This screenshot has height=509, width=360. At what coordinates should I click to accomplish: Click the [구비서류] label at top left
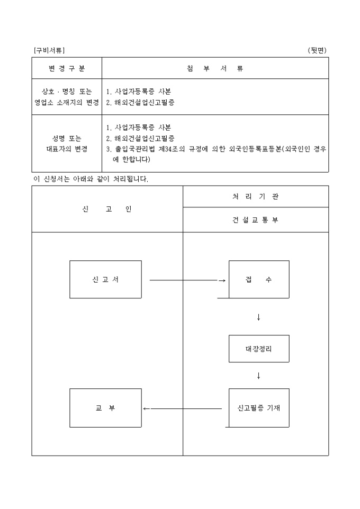click(x=49, y=50)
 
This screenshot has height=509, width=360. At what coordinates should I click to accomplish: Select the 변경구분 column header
click(x=67, y=68)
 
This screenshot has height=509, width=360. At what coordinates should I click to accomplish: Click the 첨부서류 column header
click(x=215, y=68)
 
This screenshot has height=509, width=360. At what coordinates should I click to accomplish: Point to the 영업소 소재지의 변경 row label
click(x=67, y=103)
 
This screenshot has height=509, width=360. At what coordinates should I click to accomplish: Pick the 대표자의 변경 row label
click(x=67, y=149)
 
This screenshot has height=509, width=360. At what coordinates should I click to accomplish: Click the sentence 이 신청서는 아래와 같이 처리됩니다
click(x=91, y=179)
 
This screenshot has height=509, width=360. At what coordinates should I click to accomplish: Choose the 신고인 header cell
click(x=107, y=209)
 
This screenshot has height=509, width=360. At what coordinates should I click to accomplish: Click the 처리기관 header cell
click(x=255, y=196)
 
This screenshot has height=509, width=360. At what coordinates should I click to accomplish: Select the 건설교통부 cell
click(x=255, y=220)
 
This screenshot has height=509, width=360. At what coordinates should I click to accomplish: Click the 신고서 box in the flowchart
click(x=105, y=279)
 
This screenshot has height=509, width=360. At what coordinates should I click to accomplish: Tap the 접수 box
click(x=259, y=279)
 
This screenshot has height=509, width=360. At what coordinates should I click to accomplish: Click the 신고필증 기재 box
click(x=259, y=408)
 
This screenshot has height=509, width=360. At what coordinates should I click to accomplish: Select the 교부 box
click(x=105, y=408)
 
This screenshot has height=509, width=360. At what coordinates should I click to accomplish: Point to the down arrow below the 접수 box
click(x=258, y=317)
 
